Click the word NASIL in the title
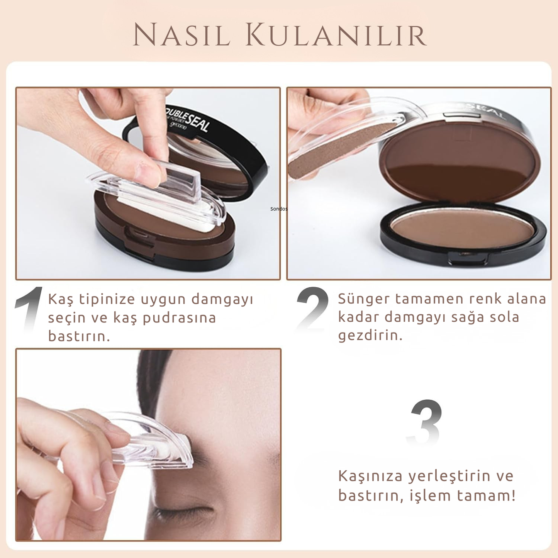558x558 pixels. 181,36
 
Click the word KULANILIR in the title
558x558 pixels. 336,36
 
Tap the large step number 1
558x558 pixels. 29,309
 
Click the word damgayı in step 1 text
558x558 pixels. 222,299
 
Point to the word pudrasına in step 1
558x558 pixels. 179,318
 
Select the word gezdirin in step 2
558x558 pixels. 370,335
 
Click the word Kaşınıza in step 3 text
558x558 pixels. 370,476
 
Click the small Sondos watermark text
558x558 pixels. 278,209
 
